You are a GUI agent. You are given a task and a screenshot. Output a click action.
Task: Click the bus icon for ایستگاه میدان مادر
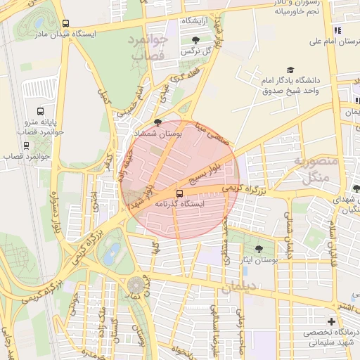pos(65,23)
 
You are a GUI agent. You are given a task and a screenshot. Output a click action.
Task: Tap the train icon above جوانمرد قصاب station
pos(27,146)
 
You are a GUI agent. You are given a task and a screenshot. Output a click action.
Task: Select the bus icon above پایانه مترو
pos(40,111)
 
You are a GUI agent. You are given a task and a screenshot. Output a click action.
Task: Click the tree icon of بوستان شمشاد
pos(157,122)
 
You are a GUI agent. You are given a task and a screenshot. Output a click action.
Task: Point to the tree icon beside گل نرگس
pos(195,40)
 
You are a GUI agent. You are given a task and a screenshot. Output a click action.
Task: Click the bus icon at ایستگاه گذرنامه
pos(179,192)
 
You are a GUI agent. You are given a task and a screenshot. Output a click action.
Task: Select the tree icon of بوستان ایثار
pos(259,249)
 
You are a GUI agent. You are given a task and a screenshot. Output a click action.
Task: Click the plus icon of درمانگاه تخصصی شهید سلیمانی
pos(331,321)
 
